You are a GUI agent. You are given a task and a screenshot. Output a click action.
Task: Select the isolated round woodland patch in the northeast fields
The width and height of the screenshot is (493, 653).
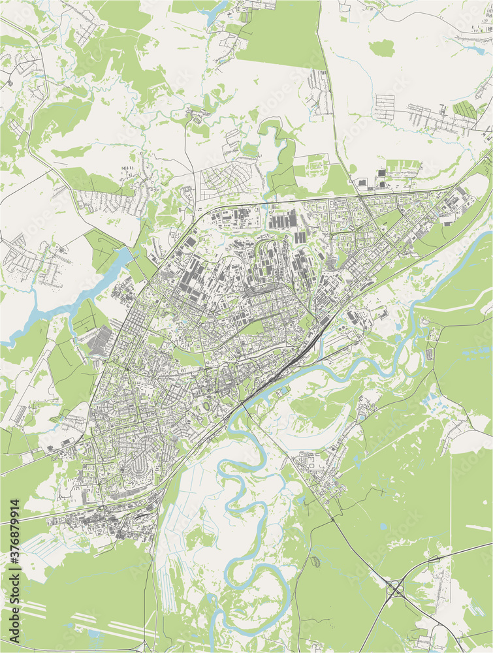tap(382, 48)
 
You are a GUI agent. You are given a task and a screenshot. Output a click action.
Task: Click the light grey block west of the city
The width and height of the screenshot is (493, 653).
tap(99, 342)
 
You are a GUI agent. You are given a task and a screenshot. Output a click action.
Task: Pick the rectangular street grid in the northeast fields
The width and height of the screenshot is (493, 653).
tap(385, 108)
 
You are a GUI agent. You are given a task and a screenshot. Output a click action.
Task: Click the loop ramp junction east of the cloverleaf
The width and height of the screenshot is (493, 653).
tap(432, 559)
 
